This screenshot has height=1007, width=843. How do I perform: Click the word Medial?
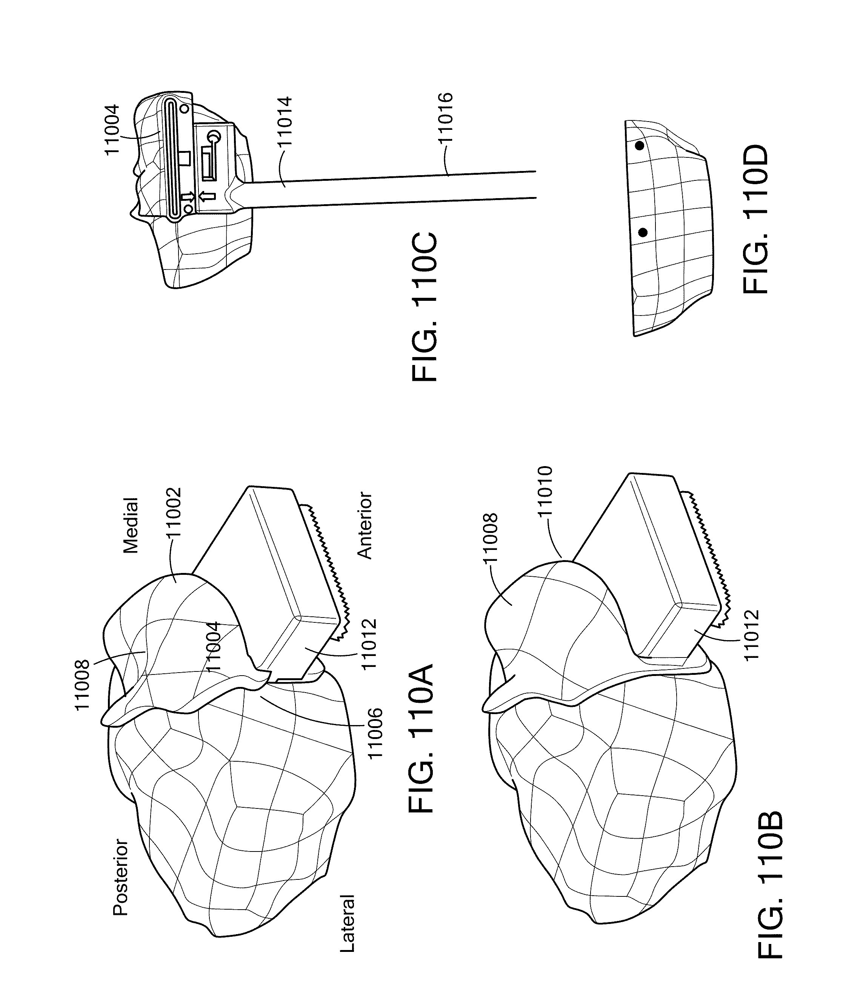coord(131,525)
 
